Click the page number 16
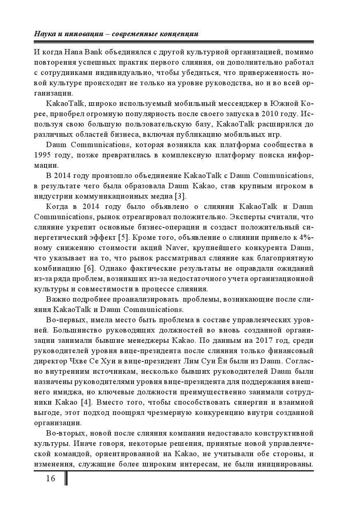50,478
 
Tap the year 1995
44,155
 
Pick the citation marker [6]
90,268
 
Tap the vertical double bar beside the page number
66,478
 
